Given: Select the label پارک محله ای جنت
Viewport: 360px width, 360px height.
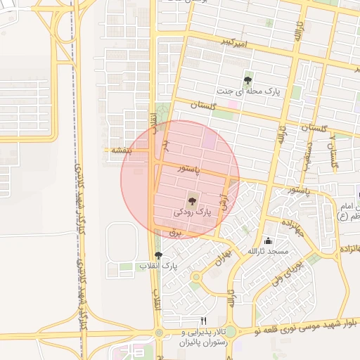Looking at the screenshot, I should (242, 91).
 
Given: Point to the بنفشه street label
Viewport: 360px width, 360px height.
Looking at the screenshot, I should (117, 150).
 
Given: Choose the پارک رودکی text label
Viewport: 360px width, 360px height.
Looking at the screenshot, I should (192, 212).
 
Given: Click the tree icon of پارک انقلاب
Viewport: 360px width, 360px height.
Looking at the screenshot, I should (157, 256).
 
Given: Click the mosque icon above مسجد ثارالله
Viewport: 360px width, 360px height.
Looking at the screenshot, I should (267, 240).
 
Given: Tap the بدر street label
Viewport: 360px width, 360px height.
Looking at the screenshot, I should (167, 145).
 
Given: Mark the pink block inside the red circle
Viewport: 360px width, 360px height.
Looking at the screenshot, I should (210, 140).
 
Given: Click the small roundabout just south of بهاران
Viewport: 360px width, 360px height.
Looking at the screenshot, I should (196, 276).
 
